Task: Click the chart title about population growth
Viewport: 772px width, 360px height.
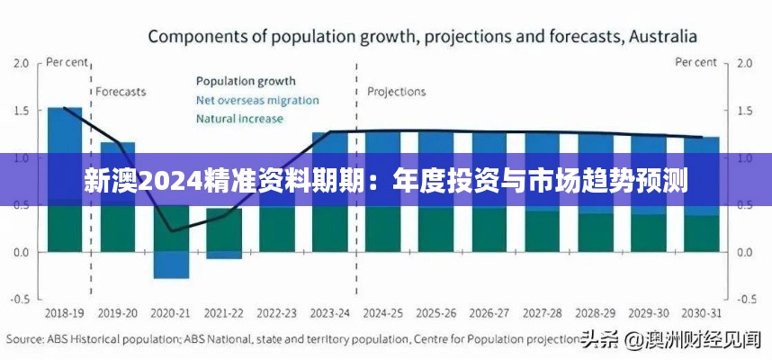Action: pos(422,37)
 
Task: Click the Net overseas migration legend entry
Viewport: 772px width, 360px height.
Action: pos(256,99)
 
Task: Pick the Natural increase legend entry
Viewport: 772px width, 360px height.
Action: pos(239,118)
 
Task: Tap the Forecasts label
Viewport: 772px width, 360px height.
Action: pos(121,92)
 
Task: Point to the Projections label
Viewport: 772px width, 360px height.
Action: pos(397,92)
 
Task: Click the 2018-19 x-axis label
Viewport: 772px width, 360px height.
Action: pos(65,312)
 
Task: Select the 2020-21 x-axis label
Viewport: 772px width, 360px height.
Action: pos(171,312)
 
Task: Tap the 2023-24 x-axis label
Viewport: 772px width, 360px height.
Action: pos(329,312)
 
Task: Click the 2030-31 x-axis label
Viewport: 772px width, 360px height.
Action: pos(702,312)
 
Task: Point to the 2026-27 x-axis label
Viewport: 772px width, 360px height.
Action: pos(489,312)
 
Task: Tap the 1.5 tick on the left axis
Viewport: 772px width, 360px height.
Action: pos(22,111)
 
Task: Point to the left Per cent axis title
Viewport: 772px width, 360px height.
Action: pos(67,62)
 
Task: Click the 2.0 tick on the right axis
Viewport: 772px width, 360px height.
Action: pos(744,64)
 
